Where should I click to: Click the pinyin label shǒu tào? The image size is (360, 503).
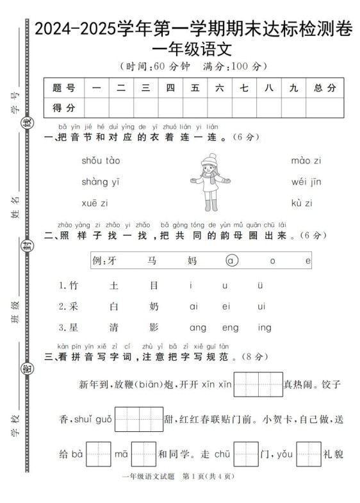click(x=101, y=160)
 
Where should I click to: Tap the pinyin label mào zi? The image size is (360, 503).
click(x=306, y=160)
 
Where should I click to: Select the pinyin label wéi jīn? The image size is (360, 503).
click(x=306, y=182)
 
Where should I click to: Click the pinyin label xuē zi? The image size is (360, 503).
click(x=95, y=203)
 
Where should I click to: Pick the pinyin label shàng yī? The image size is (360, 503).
click(x=101, y=182)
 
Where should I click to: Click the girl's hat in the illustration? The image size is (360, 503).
click(x=209, y=161)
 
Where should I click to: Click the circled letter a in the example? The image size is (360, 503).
click(x=231, y=261)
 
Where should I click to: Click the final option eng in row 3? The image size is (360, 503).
click(x=230, y=328)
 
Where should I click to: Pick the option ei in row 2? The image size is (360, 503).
click(x=225, y=306)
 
